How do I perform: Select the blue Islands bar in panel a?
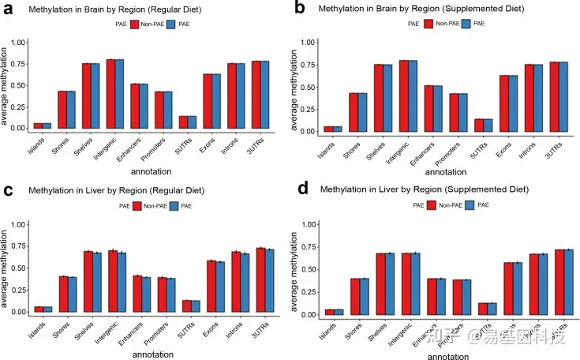pos(47,126)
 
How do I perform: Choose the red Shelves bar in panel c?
pos(89,281)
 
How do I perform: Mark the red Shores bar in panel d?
pos(355,296)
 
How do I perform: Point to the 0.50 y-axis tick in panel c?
pos(20,267)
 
